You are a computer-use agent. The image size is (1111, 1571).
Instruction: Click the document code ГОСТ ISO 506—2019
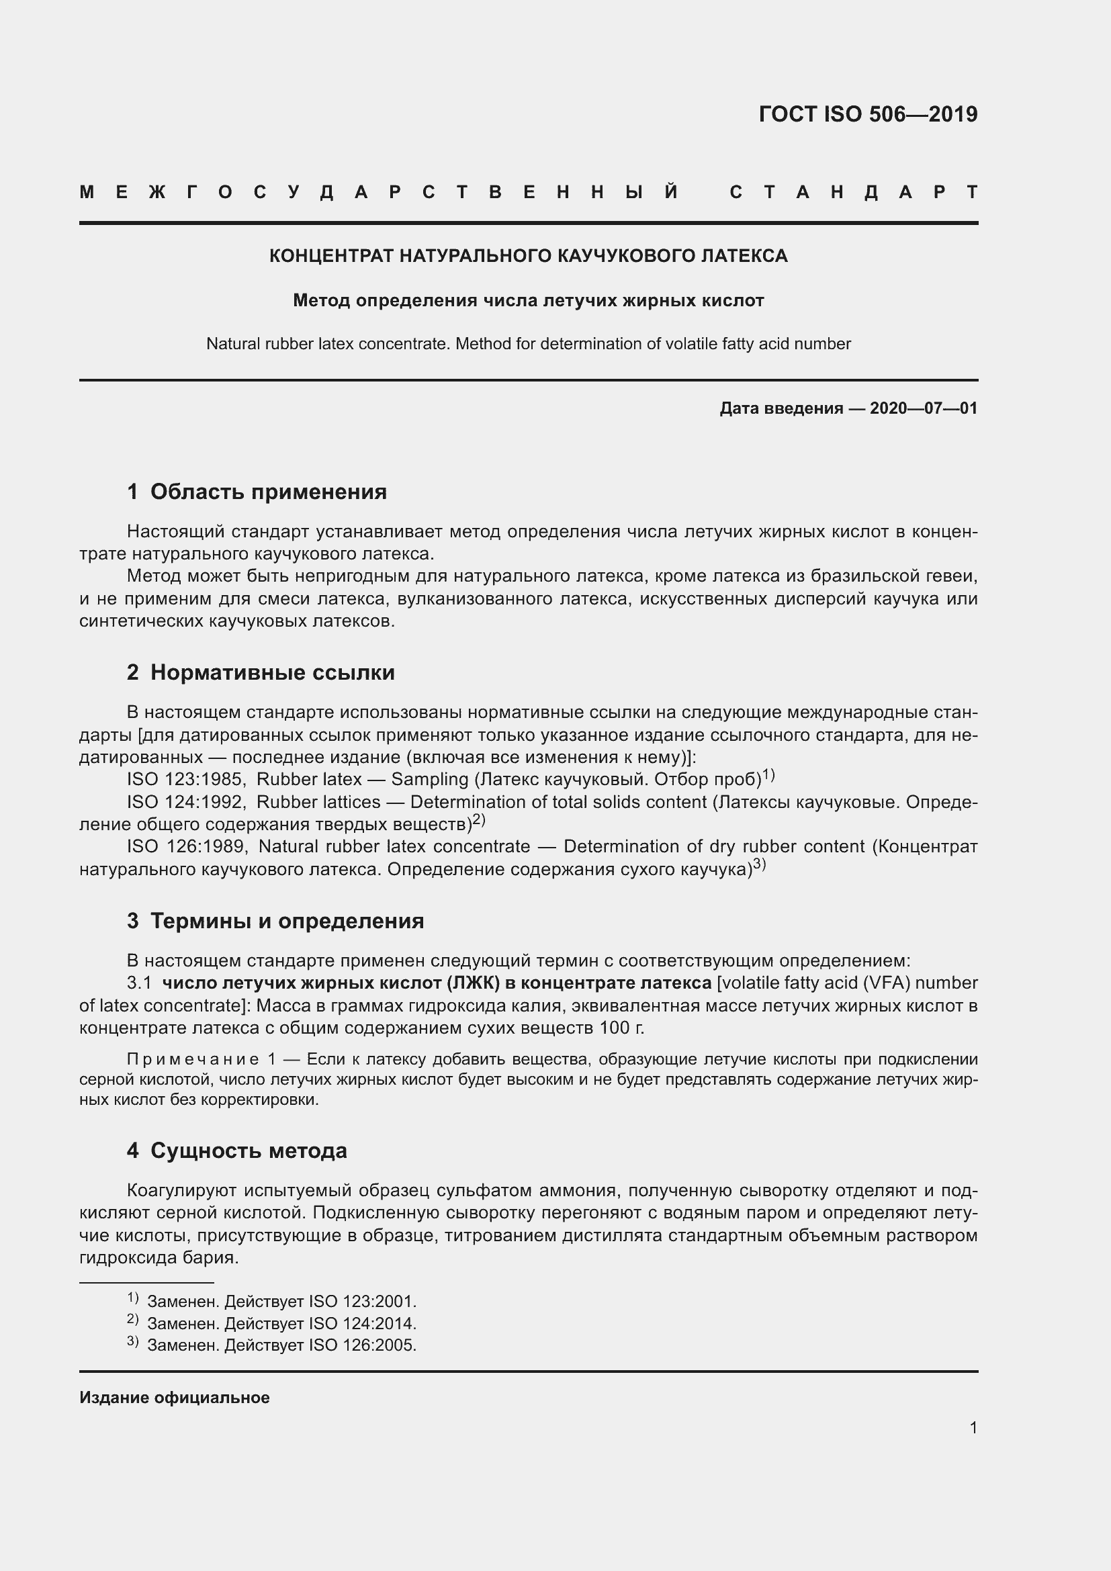[x=867, y=114]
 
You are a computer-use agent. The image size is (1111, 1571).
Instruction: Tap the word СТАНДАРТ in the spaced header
[x=853, y=192]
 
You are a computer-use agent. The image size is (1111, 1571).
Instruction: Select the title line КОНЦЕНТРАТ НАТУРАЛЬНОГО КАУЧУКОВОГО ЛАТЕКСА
[x=528, y=256]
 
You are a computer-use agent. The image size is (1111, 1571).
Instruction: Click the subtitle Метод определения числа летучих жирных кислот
[x=528, y=300]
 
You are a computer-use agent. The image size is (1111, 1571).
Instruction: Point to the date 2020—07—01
[x=923, y=408]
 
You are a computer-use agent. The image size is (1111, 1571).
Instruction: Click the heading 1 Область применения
[x=257, y=491]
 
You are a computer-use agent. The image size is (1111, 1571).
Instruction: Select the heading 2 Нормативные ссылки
[x=261, y=672]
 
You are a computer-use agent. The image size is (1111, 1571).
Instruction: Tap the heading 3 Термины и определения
[x=275, y=921]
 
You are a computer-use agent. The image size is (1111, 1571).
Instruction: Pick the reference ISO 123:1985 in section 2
[x=183, y=779]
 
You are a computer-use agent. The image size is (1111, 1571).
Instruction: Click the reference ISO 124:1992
[x=183, y=802]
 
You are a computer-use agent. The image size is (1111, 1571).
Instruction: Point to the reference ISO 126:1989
[x=185, y=846]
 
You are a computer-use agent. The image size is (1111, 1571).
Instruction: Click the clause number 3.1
[x=139, y=983]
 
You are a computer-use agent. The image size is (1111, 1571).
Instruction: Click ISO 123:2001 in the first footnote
[x=362, y=1302]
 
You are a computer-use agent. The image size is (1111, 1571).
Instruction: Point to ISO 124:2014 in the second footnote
[x=362, y=1323]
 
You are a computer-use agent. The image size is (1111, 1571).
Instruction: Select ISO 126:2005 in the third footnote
[x=362, y=1345]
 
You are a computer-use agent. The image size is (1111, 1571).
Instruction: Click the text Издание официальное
[x=175, y=1398]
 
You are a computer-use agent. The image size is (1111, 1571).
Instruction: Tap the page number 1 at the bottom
[x=973, y=1427]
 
